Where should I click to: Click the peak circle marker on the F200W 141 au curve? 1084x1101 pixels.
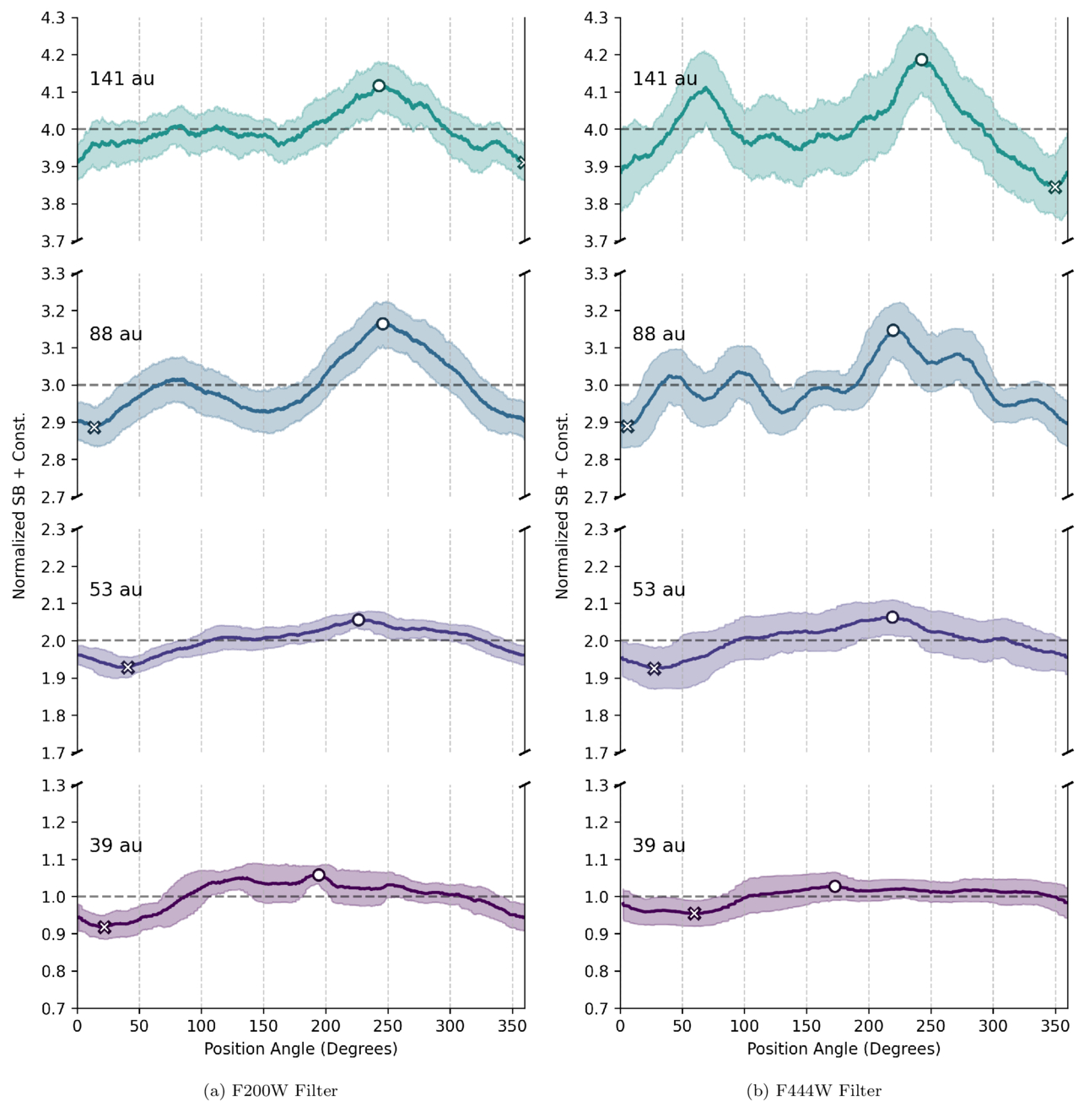(x=378, y=86)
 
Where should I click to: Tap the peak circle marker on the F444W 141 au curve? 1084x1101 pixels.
(x=920, y=60)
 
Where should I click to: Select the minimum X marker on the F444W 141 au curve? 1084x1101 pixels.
(x=1054, y=186)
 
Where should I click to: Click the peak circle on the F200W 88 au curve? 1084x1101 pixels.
(x=382, y=324)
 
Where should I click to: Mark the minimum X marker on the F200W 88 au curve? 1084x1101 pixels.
(x=94, y=428)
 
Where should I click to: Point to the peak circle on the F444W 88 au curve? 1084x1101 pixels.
(x=893, y=330)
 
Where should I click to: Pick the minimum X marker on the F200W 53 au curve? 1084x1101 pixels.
(x=127, y=667)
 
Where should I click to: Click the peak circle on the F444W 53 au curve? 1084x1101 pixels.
(x=892, y=617)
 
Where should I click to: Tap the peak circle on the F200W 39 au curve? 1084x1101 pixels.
(x=318, y=875)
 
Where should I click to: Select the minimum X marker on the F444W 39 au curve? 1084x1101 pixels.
(x=693, y=914)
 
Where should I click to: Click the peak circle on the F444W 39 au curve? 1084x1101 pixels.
(x=834, y=886)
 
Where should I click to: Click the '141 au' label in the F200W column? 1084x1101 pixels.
(x=121, y=78)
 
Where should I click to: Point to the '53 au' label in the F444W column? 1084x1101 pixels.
(x=658, y=590)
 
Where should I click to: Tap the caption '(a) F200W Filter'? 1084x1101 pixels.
(x=271, y=1091)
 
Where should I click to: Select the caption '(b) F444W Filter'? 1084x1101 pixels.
(x=814, y=1091)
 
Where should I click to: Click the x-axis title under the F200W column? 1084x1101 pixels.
(x=300, y=1049)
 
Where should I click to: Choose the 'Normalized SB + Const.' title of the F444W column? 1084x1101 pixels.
(x=562, y=505)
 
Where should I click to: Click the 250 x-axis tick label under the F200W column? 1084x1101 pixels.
(x=388, y=1026)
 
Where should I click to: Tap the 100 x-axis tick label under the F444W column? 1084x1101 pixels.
(x=745, y=1026)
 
